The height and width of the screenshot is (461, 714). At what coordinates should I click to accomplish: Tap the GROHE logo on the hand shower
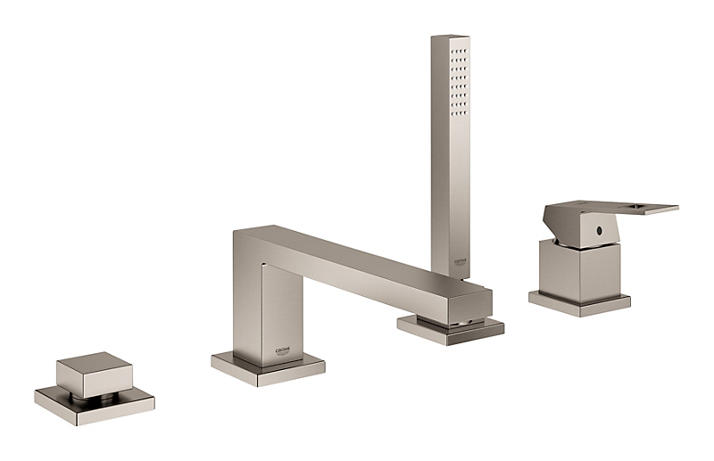[x=460, y=260]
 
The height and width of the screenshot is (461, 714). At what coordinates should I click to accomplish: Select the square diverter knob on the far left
[x=94, y=375]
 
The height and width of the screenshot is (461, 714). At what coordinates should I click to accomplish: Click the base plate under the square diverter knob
[x=95, y=404]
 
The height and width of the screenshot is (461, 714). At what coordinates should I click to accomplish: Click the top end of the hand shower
[x=450, y=39]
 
